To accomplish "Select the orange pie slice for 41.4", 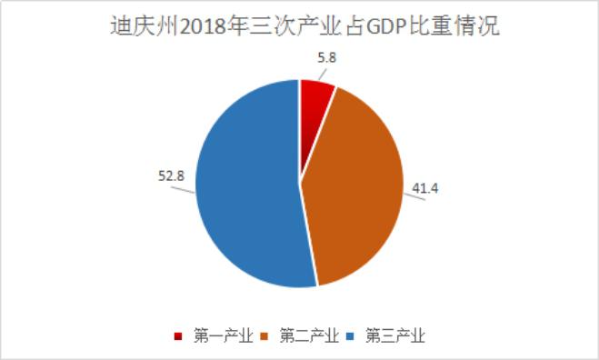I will [359, 191].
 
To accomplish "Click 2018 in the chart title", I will [207, 28].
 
